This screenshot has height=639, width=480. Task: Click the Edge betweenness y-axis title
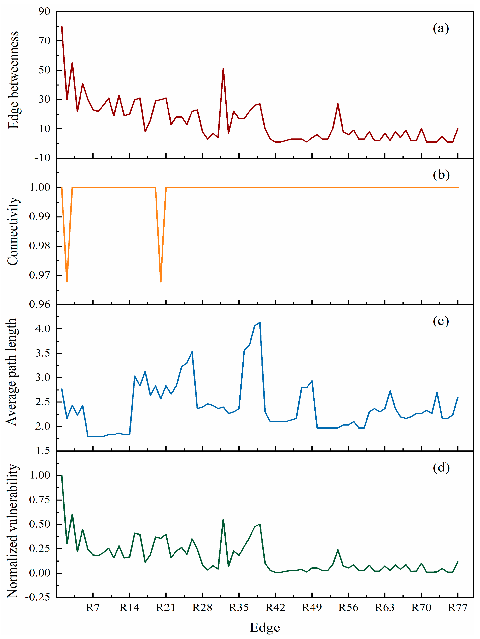point(13,80)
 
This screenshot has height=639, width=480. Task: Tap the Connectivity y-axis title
point(13,231)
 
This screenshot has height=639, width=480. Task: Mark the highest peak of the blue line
point(260,322)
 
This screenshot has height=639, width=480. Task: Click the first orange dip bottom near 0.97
point(67,282)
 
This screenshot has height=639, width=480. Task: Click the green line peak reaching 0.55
point(223,519)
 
